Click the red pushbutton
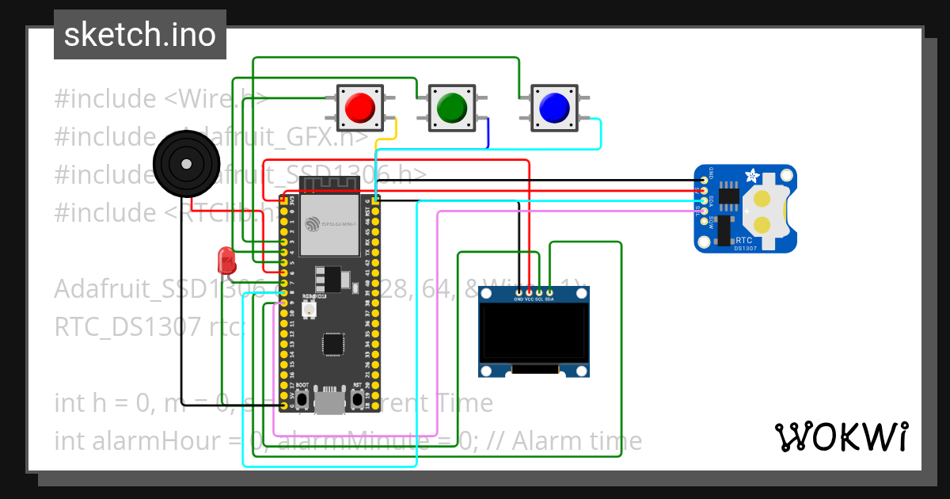pos(360,107)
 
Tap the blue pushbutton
pos(552,107)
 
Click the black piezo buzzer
pos(185,165)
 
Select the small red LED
pos(226,260)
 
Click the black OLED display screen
pos(534,333)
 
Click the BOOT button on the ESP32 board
pos(302,398)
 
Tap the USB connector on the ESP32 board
pos(329,402)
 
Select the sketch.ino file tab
pos(140,35)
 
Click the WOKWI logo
pos(841,436)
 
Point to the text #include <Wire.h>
pos(158,99)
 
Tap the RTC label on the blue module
pos(744,240)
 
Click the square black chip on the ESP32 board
pos(333,344)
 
